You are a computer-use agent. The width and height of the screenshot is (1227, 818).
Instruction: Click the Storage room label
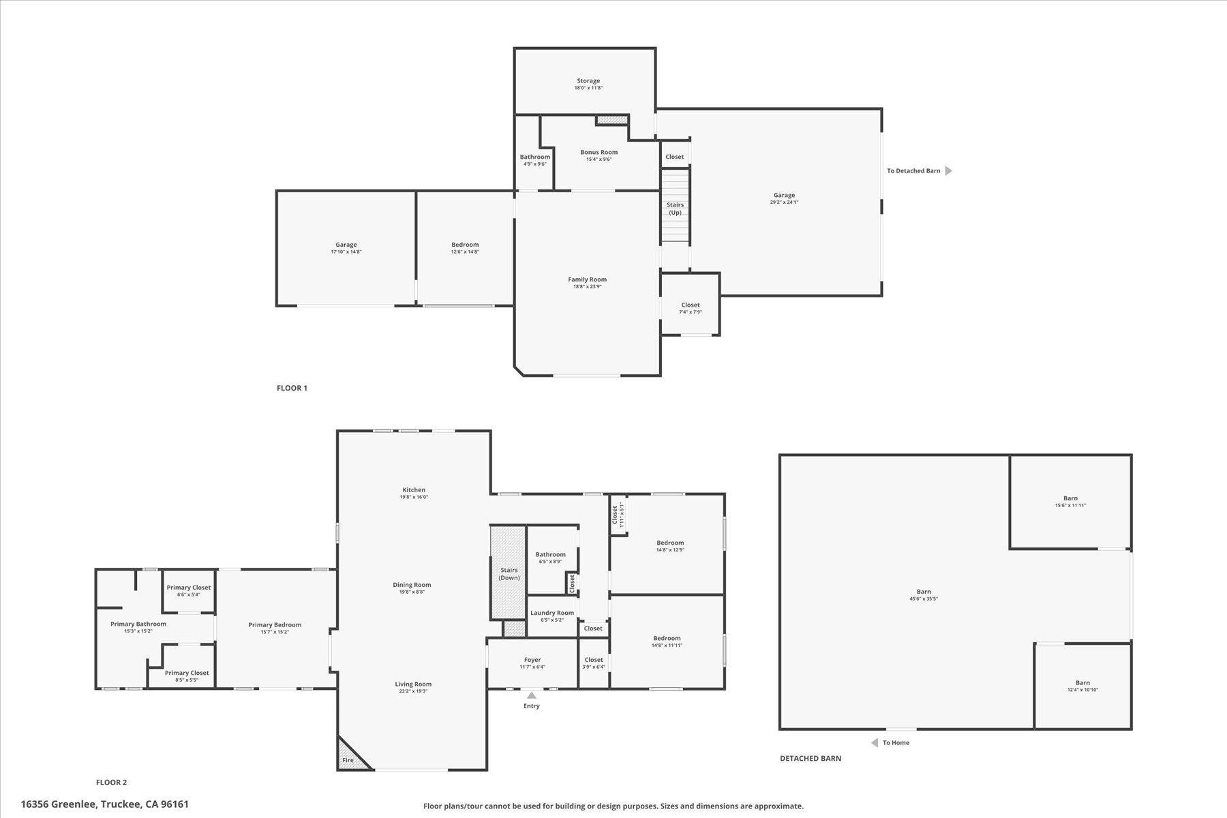click(x=588, y=81)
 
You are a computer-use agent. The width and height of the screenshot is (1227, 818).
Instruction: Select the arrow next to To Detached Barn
click(x=948, y=171)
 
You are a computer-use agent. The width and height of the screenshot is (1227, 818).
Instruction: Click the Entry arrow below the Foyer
click(x=531, y=695)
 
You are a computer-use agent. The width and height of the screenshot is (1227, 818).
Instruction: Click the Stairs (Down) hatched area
click(x=508, y=573)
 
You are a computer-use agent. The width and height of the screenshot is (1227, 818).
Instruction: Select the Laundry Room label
click(x=552, y=613)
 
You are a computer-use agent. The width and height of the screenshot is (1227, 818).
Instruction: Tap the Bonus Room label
click(x=599, y=153)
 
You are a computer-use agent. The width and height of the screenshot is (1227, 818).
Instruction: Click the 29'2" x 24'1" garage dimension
click(x=784, y=202)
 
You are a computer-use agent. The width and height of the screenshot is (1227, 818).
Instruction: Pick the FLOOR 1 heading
click(x=292, y=388)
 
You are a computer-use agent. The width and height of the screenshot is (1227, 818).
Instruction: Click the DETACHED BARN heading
click(x=811, y=758)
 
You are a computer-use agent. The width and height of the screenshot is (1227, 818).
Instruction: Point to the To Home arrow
click(x=875, y=742)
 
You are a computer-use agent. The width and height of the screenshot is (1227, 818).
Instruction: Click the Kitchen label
click(x=414, y=490)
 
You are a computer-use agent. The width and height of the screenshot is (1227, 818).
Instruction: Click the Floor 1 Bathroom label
click(x=534, y=157)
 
